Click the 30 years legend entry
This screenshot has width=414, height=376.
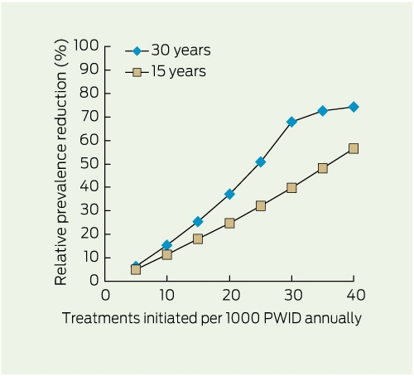click(x=168, y=51)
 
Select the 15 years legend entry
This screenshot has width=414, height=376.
click(x=166, y=72)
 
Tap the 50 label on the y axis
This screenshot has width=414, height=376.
click(x=89, y=164)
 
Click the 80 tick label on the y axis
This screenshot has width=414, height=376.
click(x=89, y=93)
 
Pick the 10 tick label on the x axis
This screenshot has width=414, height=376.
click(x=166, y=295)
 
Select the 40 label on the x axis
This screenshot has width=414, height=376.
click(x=356, y=295)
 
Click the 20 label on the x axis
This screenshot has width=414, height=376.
click(x=231, y=295)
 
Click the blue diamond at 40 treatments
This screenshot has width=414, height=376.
click(x=354, y=107)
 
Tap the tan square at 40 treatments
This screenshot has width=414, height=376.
click(x=354, y=149)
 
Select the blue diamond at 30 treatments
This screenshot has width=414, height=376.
click(x=291, y=122)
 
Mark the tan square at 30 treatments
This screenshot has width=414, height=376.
click(x=291, y=188)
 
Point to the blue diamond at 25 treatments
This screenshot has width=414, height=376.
click(x=261, y=161)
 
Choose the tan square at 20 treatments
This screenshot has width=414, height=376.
click(x=229, y=223)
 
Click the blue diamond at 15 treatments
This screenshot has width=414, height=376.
click(x=198, y=221)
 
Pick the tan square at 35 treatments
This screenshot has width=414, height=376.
click(x=323, y=168)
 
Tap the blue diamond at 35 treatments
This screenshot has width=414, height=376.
click(x=323, y=111)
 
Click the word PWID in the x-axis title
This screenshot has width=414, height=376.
click(x=282, y=318)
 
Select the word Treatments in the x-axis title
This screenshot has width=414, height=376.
click(x=101, y=318)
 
